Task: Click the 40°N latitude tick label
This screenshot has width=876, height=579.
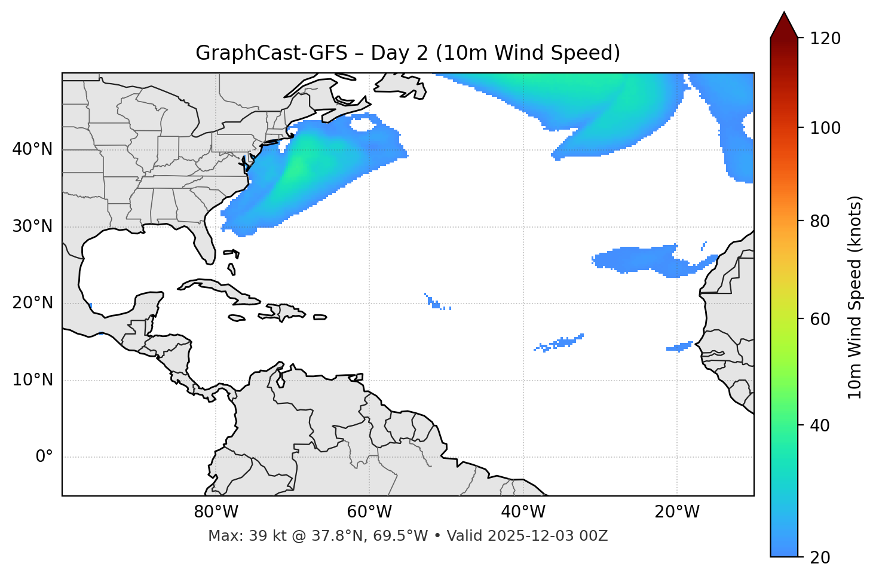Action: click(32, 149)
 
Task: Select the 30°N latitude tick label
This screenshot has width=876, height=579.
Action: click(32, 226)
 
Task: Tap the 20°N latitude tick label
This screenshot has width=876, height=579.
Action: click(32, 303)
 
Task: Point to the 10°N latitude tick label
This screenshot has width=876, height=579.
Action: click(32, 380)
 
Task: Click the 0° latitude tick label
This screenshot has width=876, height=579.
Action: click(44, 457)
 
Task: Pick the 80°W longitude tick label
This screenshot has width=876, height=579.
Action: click(216, 512)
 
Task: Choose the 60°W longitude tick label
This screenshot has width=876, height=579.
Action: click(369, 512)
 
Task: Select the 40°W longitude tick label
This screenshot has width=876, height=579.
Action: click(523, 512)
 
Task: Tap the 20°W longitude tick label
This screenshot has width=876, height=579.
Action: click(677, 512)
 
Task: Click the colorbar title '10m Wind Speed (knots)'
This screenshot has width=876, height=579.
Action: click(855, 297)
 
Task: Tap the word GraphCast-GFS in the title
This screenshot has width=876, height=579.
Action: click(271, 53)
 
